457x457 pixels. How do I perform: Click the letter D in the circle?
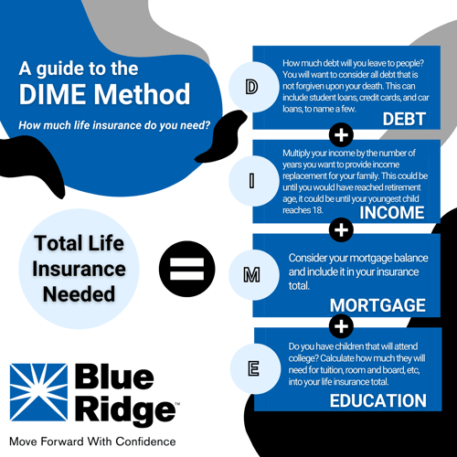pos(251,87)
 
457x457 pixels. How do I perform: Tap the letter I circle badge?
pos(254,181)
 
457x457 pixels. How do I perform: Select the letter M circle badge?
pos(254,275)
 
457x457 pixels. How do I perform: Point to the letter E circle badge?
pos(255,368)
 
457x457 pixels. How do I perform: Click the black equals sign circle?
pos(186,269)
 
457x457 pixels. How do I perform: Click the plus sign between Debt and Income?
pos(341,135)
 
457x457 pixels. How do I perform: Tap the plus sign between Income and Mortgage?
pos(341,229)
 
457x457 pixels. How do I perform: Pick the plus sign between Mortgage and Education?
pos(341,326)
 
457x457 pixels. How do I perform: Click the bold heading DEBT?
pos(404,119)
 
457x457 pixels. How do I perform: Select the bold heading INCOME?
pos(392,213)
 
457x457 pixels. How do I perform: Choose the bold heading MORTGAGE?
pos(377,305)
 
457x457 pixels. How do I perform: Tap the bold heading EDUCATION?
pos(378,400)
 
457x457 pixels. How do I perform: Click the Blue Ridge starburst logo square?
pos(38,392)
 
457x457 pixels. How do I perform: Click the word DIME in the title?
pos(52,94)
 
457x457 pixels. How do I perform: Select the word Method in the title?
pos(142,94)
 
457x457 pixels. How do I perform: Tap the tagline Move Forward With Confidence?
pos(92,441)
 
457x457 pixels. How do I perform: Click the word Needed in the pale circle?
pos(79,294)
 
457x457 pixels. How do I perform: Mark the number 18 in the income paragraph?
pos(317,210)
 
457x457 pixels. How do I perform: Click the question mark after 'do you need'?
pos(207,125)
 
